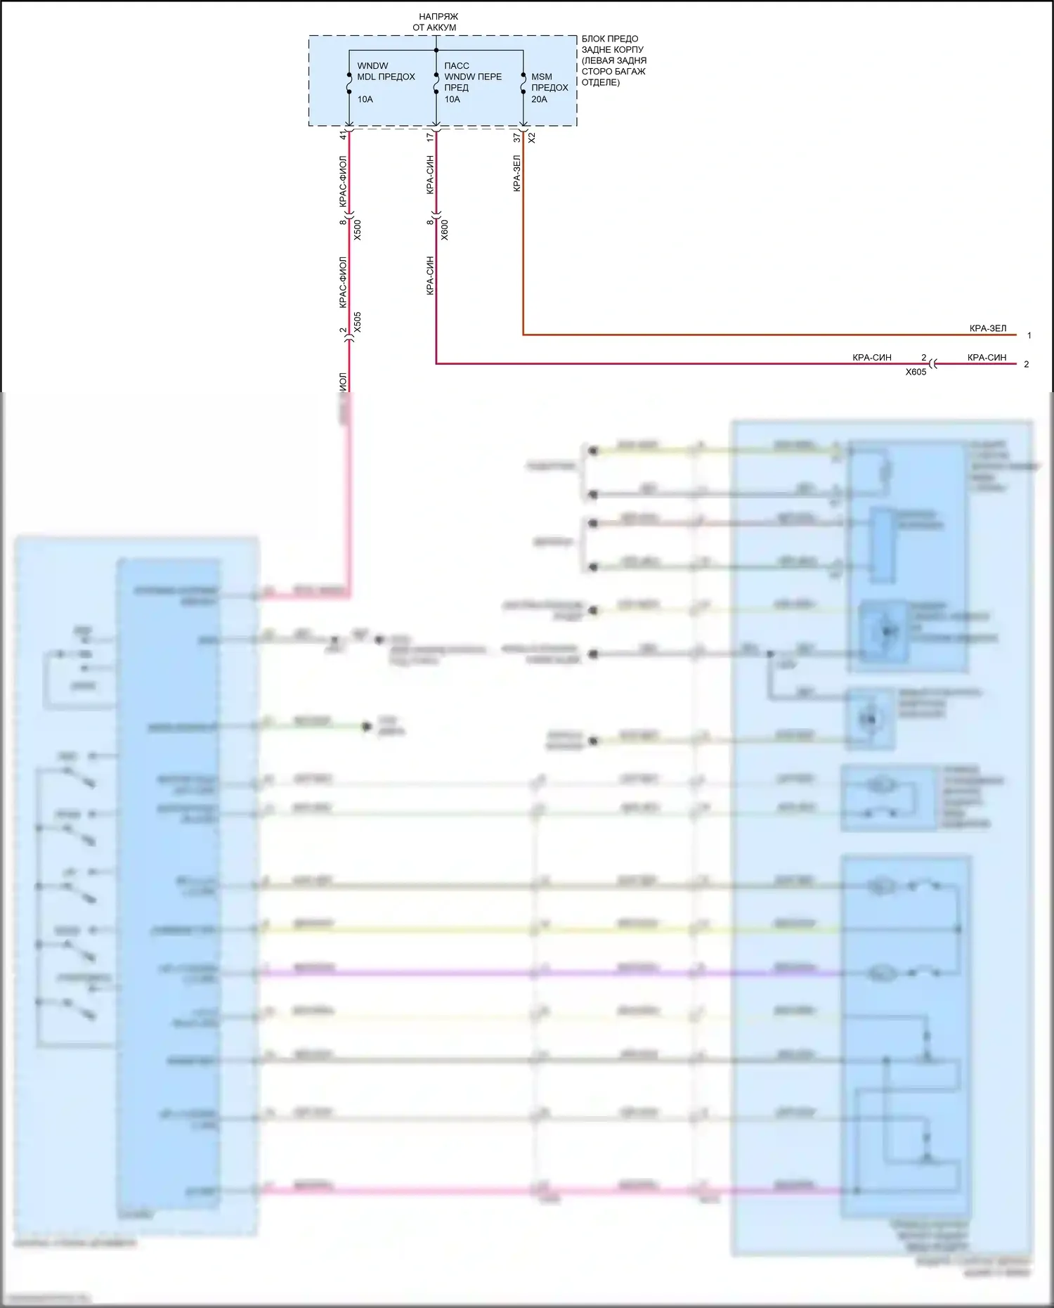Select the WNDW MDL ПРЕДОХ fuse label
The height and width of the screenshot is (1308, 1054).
pyautogui.click(x=386, y=71)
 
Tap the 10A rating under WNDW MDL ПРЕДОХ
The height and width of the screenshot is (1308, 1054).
pyautogui.click(x=365, y=99)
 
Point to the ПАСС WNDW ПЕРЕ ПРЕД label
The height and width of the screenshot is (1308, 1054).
pyautogui.click(x=472, y=76)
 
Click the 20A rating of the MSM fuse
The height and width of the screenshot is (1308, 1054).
pyautogui.click(x=539, y=99)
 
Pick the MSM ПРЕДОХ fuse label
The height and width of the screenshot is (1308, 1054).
pyautogui.click(x=549, y=82)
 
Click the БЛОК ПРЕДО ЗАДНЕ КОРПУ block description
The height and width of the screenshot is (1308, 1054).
pyautogui.click(x=613, y=60)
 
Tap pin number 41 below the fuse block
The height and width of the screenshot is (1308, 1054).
pyautogui.click(x=344, y=136)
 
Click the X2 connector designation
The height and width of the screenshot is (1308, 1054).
pyautogui.click(x=532, y=138)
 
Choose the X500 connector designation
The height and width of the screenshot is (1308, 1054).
pyautogui.click(x=357, y=230)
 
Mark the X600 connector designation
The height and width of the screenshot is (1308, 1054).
pyautogui.click(x=444, y=230)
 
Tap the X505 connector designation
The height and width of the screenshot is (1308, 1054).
pyautogui.click(x=357, y=322)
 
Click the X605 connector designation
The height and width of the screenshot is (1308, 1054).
pyautogui.click(x=916, y=372)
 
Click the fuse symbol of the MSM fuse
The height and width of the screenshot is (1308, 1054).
pyautogui.click(x=523, y=84)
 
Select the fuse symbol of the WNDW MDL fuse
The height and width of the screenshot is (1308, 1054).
pyautogui.click(x=349, y=84)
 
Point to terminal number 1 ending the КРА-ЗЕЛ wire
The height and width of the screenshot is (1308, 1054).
pyautogui.click(x=1029, y=335)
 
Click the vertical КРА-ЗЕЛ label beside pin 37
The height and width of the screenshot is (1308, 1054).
pyautogui.click(x=517, y=174)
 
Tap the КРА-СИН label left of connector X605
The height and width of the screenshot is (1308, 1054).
pyautogui.click(x=871, y=358)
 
